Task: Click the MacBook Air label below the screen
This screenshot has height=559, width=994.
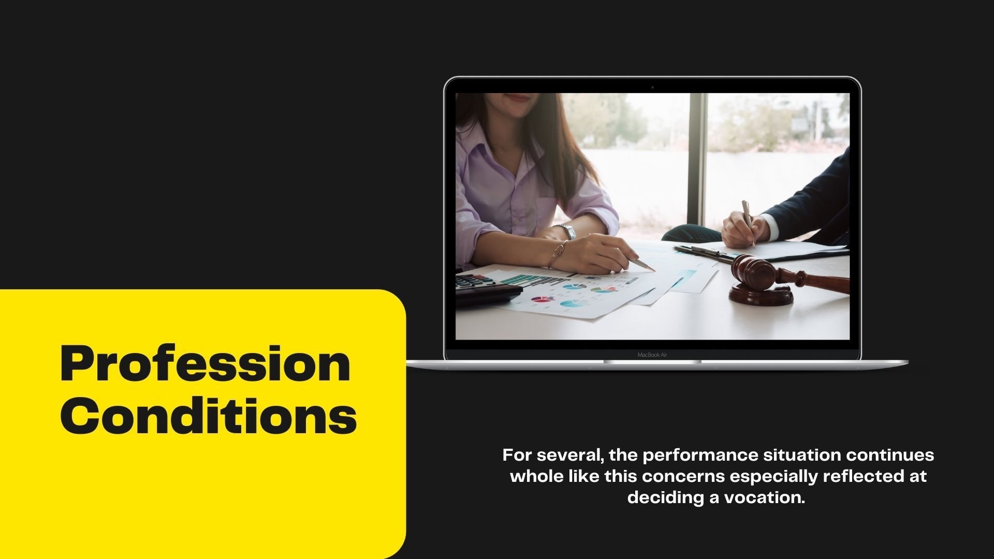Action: point(652,355)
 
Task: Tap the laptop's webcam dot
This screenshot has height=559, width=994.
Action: point(652,87)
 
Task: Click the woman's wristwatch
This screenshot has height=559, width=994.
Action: point(568,231)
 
